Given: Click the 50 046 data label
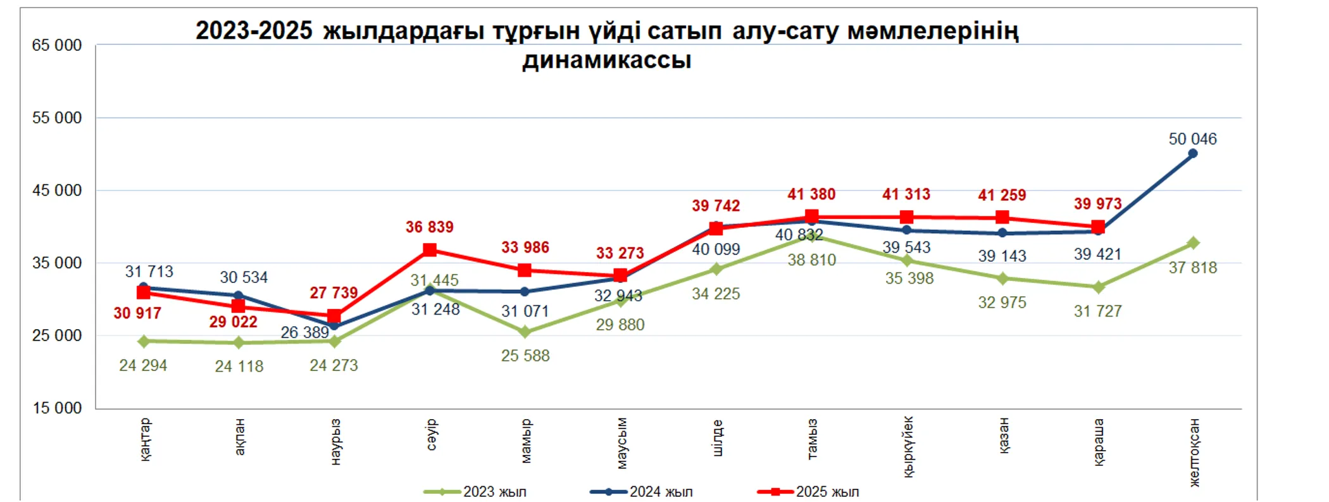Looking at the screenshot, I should tap(1192, 139).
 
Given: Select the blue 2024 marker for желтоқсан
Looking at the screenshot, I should tap(1192, 153).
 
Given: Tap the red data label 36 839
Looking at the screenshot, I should tap(429, 227).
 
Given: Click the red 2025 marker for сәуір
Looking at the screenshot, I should tap(430, 249).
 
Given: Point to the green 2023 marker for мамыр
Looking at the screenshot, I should tap(525, 332).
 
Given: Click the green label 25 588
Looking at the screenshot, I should tap(525, 356).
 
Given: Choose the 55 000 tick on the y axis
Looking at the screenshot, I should tap(57, 118).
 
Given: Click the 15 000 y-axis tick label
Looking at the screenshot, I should tap(57, 408).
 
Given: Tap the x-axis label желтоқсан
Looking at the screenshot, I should tap(1194, 452).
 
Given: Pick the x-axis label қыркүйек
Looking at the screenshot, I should tap(908, 446).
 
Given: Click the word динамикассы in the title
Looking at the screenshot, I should tap(606, 61).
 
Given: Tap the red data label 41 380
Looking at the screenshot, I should tap(811, 194).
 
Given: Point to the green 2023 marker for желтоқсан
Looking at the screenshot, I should tap(1193, 243).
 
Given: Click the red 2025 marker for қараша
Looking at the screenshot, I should tap(1098, 227).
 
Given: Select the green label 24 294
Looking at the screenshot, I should tap(143, 365).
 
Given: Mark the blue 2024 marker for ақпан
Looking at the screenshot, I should tap(239, 296).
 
